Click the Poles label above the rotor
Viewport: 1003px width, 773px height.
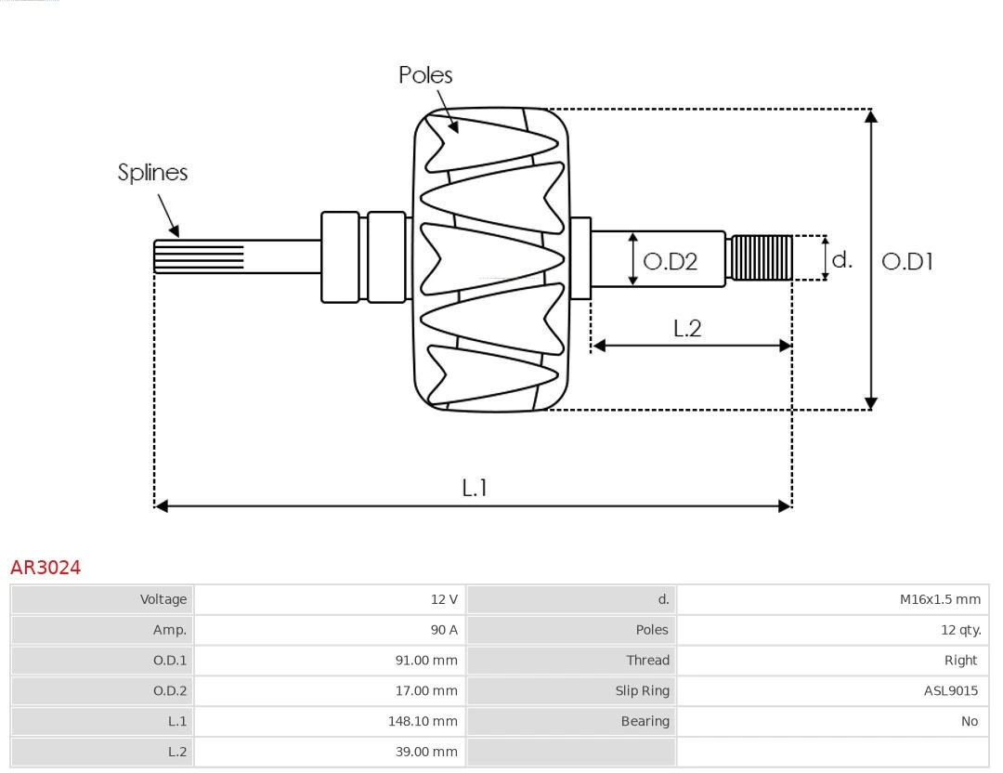pos(425,75)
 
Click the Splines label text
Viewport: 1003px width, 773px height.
pos(152,173)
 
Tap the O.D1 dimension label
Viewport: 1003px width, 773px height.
pos(906,262)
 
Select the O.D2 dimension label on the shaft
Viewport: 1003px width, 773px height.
pos(670,262)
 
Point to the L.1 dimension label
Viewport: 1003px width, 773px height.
pos(475,488)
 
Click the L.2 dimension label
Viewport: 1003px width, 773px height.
pos(687,328)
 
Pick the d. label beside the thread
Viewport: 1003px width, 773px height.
pos(841,260)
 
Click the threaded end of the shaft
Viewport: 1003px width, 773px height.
pos(762,258)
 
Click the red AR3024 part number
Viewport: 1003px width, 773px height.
pos(46,568)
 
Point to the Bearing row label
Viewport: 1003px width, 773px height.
pos(645,721)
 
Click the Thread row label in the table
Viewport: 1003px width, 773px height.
pos(647,661)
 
